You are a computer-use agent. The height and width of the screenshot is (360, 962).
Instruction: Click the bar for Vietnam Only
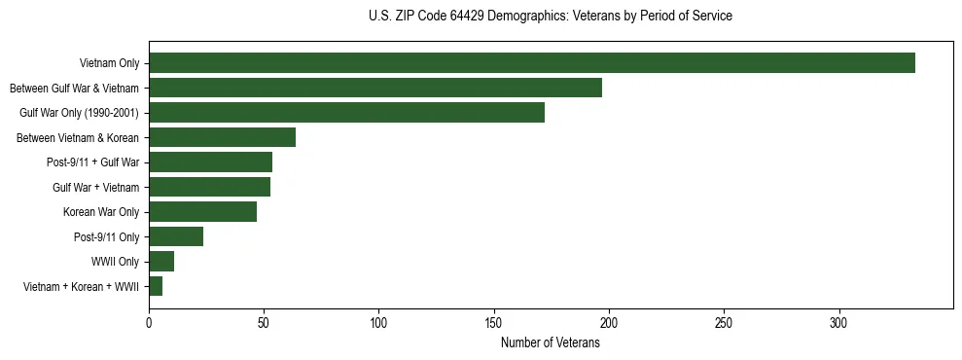pyautogui.click(x=532, y=63)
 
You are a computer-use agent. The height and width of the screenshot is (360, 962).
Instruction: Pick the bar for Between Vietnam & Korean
pyautogui.click(x=222, y=137)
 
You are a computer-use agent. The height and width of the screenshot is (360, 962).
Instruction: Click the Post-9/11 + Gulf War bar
pyautogui.click(x=210, y=162)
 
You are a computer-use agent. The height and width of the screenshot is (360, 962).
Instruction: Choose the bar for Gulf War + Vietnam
pyautogui.click(x=209, y=187)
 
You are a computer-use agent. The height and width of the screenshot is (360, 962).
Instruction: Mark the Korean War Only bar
pyautogui.click(x=202, y=212)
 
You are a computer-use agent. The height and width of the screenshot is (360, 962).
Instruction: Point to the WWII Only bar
pyautogui.click(x=161, y=262)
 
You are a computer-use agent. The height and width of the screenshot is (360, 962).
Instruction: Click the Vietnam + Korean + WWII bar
pyautogui.click(x=156, y=286)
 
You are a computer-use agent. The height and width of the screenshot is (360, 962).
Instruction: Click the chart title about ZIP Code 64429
pyautogui.click(x=551, y=17)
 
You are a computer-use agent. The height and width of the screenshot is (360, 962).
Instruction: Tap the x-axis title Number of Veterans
pyautogui.click(x=551, y=342)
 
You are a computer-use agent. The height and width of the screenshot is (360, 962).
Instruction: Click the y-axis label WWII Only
pyautogui.click(x=116, y=262)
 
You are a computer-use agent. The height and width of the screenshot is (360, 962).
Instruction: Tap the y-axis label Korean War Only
pyautogui.click(x=101, y=212)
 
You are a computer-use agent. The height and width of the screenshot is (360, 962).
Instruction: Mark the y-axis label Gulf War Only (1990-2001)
pyautogui.click(x=80, y=113)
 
